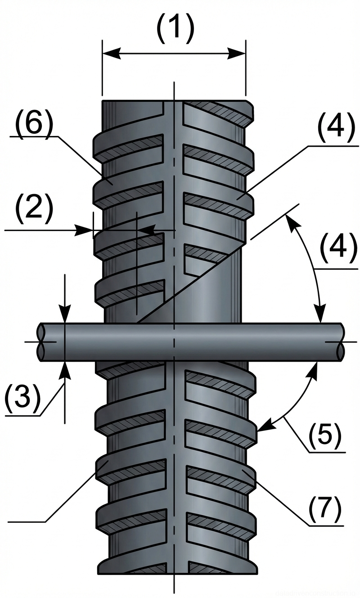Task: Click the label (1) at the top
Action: coord(175,28)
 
